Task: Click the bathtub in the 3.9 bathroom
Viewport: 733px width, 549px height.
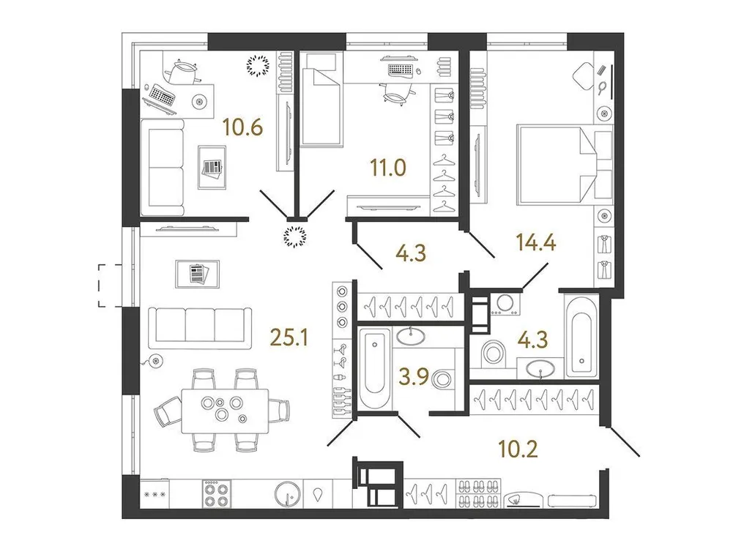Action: (376, 370)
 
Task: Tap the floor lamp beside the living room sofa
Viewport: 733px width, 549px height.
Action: (154, 359)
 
